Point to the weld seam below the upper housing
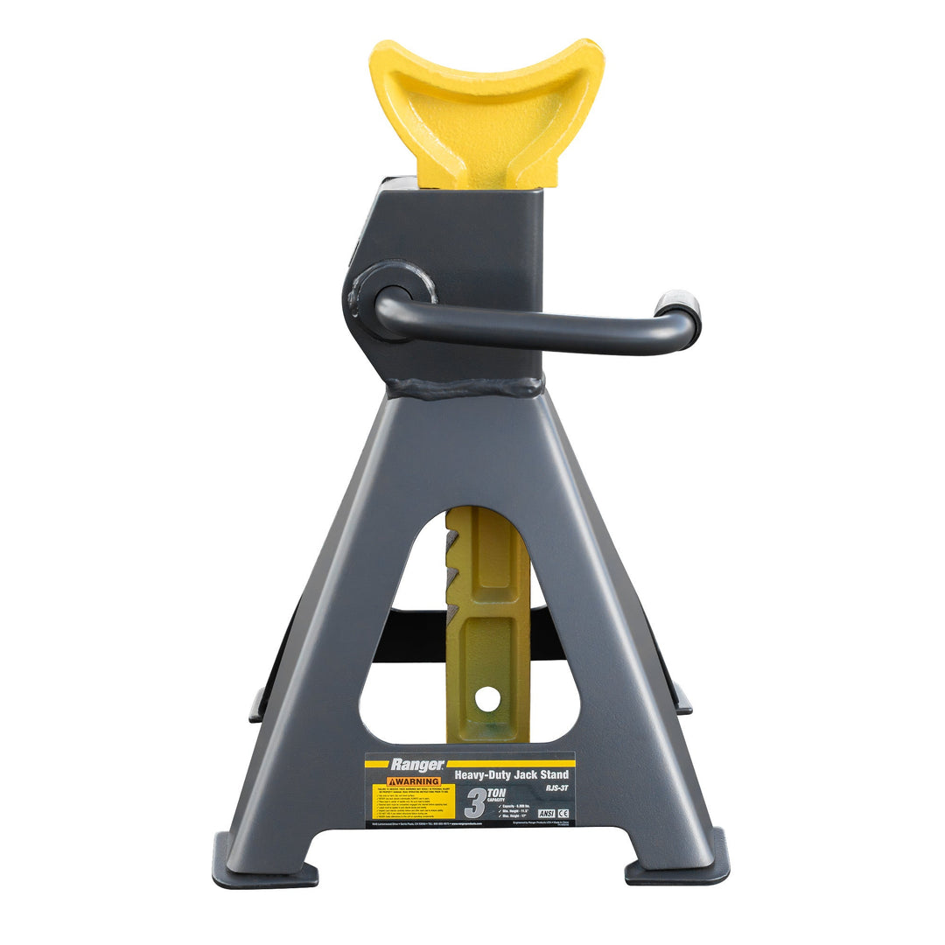(464, 387)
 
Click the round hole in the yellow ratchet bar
(488, 698)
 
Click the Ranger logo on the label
(417, 765)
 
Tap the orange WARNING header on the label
(414, 782)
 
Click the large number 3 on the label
(476, 804)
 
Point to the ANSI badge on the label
(546, 814)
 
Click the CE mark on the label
(563, 814)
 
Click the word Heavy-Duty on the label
(482, 775)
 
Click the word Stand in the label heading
(555, 774)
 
